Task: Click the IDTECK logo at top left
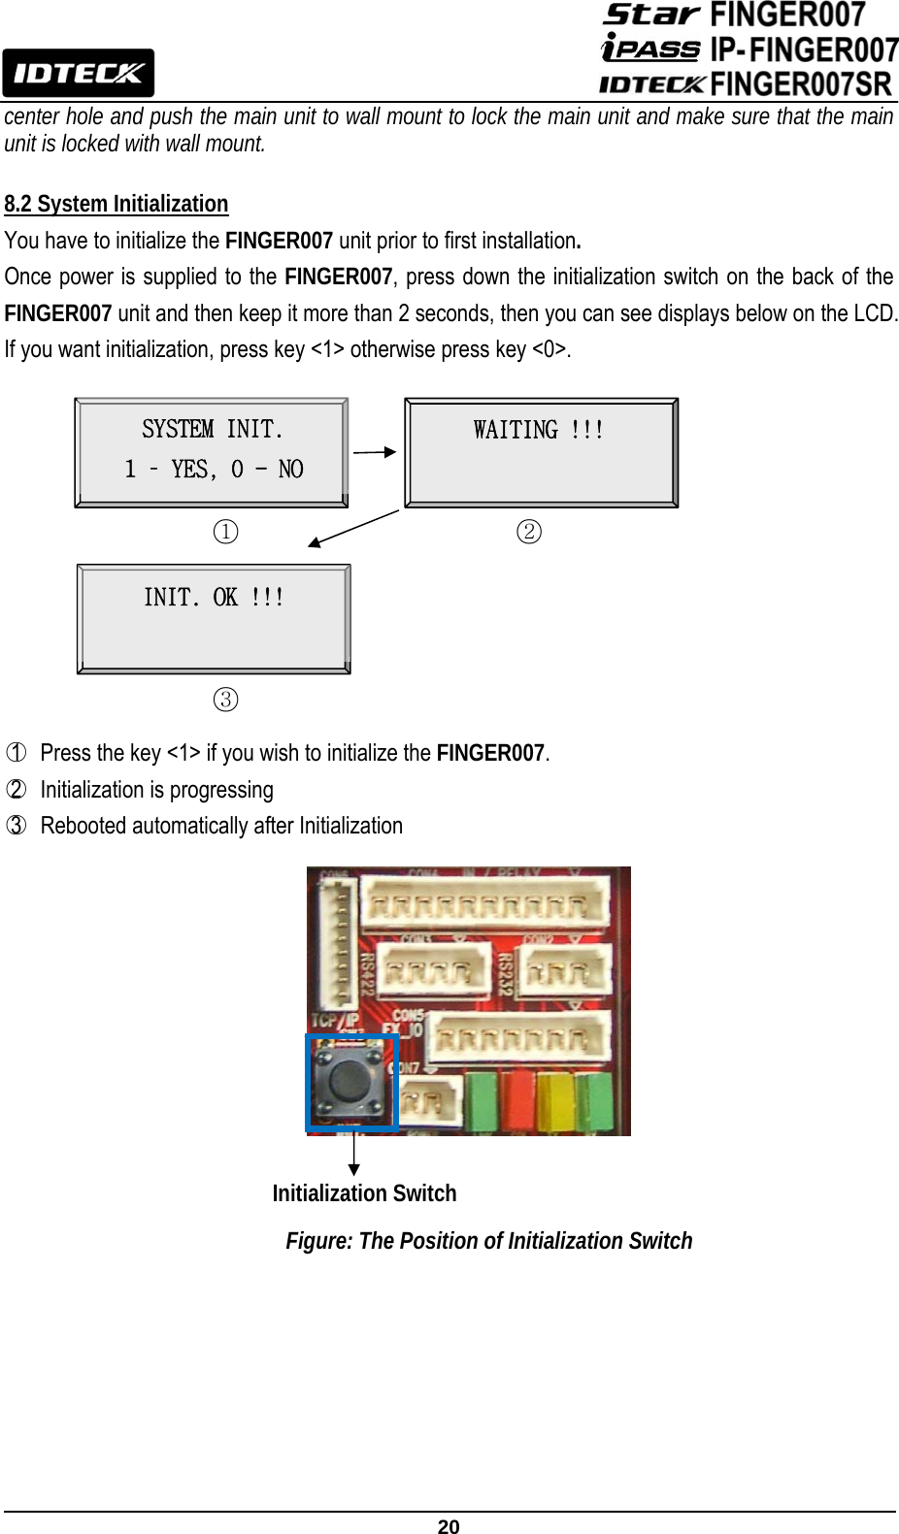[x=78, y=73]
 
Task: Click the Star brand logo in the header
[x=651, y=15]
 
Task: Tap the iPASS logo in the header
[x=650, y=48]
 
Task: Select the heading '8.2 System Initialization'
[x=117, y=204]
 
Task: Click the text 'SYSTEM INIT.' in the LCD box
[x=213, y=429]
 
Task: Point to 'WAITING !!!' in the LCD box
[x=539, y=430]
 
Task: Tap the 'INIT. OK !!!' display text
[x=214, y=597]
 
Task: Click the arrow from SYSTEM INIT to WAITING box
[x=375, y=451]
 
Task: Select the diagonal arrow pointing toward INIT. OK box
[x=353, y=529]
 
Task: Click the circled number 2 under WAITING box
[x=529, y=532]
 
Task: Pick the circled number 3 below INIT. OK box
[x=225, y=700]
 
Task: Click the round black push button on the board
[x=350, y=1079]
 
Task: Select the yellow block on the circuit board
[x=555, y=1101]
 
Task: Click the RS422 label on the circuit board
[x=368, y=973]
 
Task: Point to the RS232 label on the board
[x=505, y=974]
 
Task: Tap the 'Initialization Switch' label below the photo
[x=364, y=1193]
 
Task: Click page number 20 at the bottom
[x=449, y=1526]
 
